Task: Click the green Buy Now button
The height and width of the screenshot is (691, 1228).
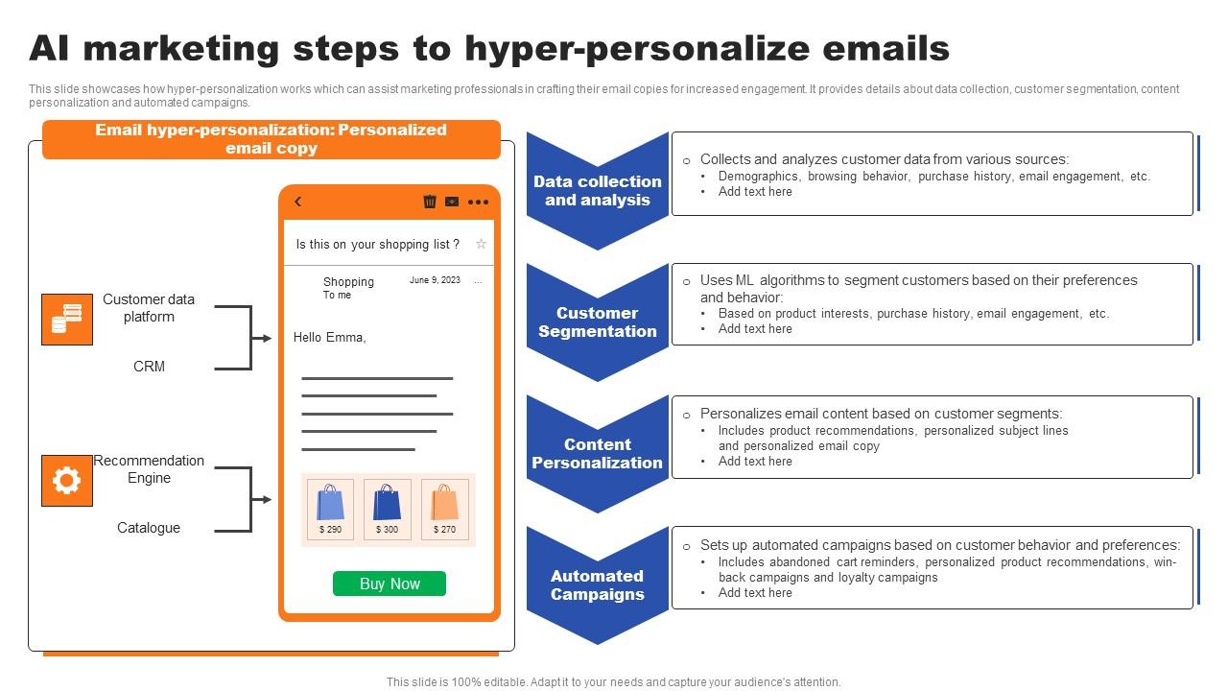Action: point(390,584)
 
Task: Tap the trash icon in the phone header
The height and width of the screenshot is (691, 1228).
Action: point(430,202)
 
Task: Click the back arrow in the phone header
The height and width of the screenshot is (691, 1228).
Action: point(298,202)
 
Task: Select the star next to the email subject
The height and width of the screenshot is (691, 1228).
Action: point(482,244)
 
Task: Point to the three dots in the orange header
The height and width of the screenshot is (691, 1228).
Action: point(479,202)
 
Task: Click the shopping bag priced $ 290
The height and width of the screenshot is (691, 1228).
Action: point(330,504)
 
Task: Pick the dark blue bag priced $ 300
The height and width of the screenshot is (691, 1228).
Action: point(388,504)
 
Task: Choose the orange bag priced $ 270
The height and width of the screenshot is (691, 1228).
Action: point(445,504)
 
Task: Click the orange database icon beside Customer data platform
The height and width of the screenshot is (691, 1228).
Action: point(67,320)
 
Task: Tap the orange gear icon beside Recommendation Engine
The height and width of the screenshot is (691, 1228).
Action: point(67,481)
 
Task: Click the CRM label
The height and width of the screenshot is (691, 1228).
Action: point(149,367)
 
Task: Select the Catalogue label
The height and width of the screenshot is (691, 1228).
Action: point(149,528)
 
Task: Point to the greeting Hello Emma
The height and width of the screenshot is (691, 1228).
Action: point(329,337)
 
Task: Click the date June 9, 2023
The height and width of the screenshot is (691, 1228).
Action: point(435,280)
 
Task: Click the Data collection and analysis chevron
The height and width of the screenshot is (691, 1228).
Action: point(597,190)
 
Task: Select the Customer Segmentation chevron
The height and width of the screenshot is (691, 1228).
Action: point(597,322)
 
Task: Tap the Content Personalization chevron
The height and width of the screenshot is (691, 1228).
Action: point(597,453)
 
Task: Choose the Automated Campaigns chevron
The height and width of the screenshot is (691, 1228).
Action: point(597,584)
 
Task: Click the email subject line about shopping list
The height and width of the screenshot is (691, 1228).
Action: point(377,244)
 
